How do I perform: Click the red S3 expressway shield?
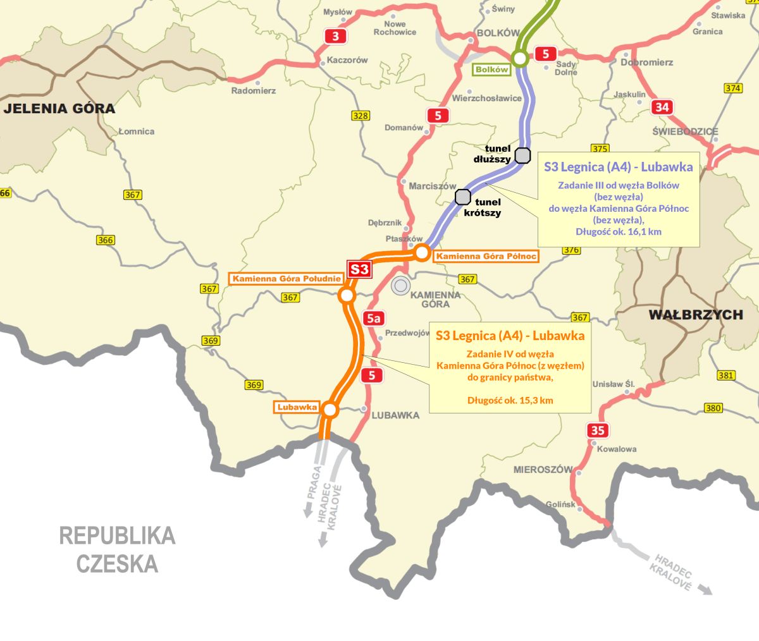click(x=359, y=269)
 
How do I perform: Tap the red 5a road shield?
click(x=374, y=318)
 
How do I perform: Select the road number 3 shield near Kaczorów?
click(x=335, y=36)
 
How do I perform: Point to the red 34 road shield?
click(x=662, y=107)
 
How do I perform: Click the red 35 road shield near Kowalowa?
click(x=598, y=430)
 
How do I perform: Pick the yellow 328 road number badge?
click(x=361, y=116)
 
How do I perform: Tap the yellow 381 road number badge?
click(x=726, y=375)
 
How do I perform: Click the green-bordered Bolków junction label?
click(x=491, y=70)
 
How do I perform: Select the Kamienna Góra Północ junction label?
click(x=485, y=256)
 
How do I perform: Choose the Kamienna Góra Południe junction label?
click(x=287, y=279)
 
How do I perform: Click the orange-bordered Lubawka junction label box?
click(x=297, y=407)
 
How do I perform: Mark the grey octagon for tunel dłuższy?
click(x=522, y=156)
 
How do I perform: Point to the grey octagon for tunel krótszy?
click(x=463, y=197)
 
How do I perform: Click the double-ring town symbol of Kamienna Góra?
click(x=400, y=286)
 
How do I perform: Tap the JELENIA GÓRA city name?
click(x=59, y=109)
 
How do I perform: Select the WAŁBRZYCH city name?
click(x=696, y=314)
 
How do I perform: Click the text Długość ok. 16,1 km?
click(x=618, y=231)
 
